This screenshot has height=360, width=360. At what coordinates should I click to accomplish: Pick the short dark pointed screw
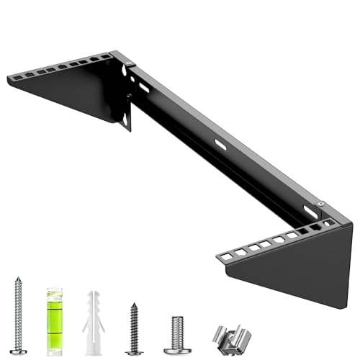click(133, 328)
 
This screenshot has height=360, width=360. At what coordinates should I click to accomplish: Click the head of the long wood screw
click(18, 351)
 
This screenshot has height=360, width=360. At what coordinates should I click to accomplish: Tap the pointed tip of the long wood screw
click(18, 279)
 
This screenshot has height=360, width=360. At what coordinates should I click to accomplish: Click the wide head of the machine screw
click(177, 349)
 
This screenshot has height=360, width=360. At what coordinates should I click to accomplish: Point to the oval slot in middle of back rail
click(220, 145)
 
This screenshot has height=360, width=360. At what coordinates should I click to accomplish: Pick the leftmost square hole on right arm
click(227, 256)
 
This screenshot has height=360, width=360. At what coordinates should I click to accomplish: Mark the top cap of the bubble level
click(55, 290)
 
